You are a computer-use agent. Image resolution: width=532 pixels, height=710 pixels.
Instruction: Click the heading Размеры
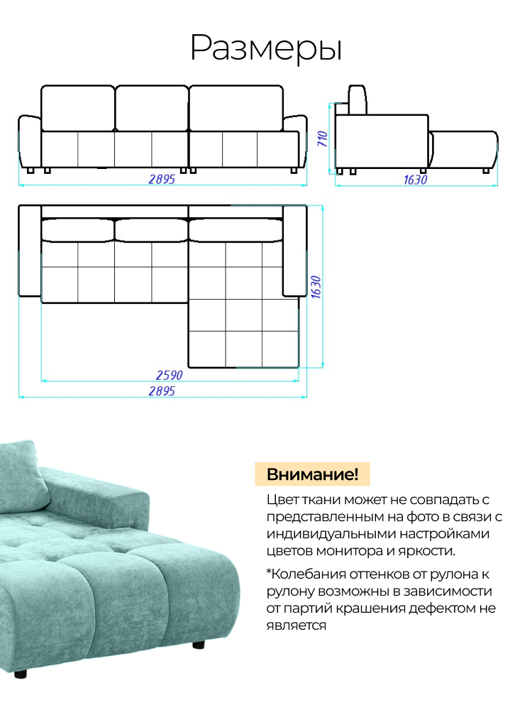tap(266, 48)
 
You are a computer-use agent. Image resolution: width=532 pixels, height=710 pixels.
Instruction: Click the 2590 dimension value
tap(170, 375)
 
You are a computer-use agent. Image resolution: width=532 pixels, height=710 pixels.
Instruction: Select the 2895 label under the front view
tap(162, 180)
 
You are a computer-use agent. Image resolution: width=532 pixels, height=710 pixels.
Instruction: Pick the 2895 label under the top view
tap(162, 391)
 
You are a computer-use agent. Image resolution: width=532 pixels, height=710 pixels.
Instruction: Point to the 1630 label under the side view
tap(416, 180)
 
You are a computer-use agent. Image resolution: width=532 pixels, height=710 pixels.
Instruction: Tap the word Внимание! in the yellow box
tap(312, 474)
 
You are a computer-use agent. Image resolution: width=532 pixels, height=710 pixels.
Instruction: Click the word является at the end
tap(297, 625)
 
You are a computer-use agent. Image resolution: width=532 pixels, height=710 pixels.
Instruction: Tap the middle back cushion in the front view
tap(151, 108)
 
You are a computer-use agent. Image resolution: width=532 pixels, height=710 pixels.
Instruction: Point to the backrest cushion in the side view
tap(357, 99)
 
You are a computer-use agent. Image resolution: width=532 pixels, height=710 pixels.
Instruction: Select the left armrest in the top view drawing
tap(29, 251)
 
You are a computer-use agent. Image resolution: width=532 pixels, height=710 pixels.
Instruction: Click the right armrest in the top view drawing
tap(294, 251)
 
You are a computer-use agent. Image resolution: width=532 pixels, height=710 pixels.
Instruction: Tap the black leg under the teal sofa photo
tap(198, 645)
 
